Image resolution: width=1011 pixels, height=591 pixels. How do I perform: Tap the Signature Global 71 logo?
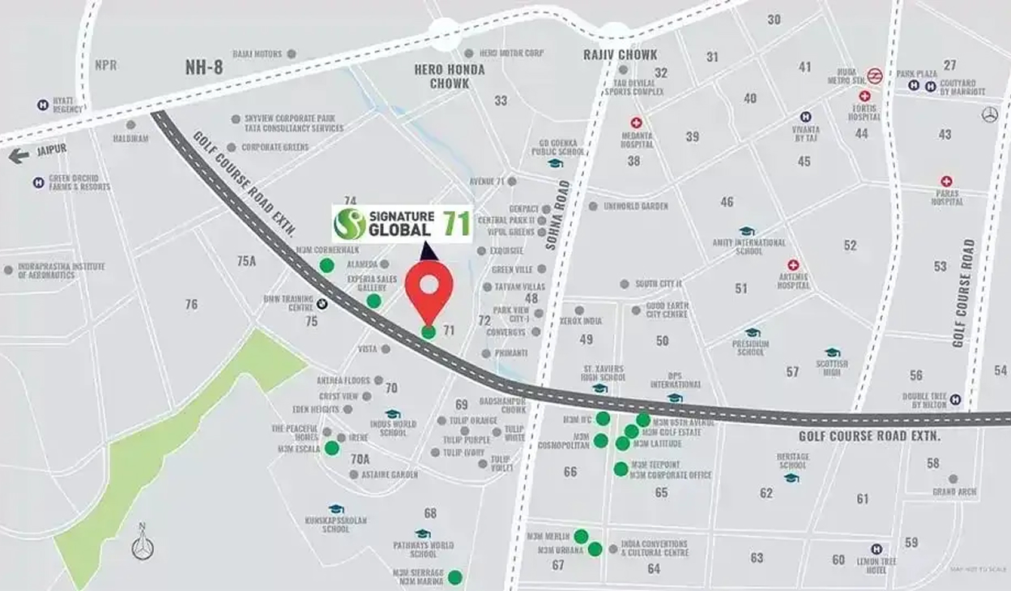(x=403, y=224)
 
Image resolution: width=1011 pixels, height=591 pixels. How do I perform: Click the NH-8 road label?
(x=203, y=67)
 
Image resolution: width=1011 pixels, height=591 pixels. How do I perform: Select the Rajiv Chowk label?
(x=620, y=54)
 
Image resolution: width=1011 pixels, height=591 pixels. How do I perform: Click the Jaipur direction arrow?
(x=18, y=156)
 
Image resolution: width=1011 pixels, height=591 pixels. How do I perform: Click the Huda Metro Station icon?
(x=874, y=75)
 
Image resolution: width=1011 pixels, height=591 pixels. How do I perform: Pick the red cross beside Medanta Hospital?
(x=636, y=122)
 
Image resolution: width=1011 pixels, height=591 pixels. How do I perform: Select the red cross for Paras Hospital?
(x=946, y=181)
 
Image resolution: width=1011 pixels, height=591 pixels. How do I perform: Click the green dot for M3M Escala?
(x=331, y=448)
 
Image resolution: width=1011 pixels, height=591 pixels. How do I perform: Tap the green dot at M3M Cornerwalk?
(x=326, y=266)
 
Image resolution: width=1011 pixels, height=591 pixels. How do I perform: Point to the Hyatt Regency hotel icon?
(x=42, y=105)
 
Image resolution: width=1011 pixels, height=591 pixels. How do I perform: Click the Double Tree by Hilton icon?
(x=955, y=399)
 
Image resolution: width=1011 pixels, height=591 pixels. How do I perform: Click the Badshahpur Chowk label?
(x=502, y=405)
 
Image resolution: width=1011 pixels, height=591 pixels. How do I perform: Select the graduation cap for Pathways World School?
(x=422, y=533)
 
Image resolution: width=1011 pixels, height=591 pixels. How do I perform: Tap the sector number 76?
(x=191, y=304)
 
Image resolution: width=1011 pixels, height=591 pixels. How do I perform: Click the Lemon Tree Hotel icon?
(x=875, y=549)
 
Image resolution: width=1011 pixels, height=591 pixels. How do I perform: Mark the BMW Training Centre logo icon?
(x=322, y=304)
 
